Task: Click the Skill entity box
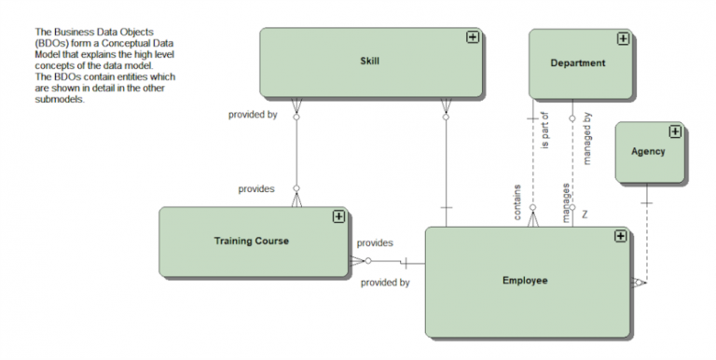(370, 62)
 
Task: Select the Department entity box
(578, 63)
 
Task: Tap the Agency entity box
(649, 152)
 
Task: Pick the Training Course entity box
(252, 241)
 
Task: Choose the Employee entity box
(525, 281)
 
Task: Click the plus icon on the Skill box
(473, 37)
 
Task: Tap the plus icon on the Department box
(623, 39)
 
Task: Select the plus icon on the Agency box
(675, 132)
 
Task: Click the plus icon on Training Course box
(338, 216)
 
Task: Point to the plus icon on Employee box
(619, 237)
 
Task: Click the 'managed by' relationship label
(587, 138)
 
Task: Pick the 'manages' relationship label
(566, 202)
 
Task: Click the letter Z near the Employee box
(585, 215)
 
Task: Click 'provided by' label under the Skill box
(253, 115)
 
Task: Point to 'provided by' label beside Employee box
(385, 283)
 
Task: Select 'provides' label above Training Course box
(256, 189)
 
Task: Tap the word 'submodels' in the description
(59, 100)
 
